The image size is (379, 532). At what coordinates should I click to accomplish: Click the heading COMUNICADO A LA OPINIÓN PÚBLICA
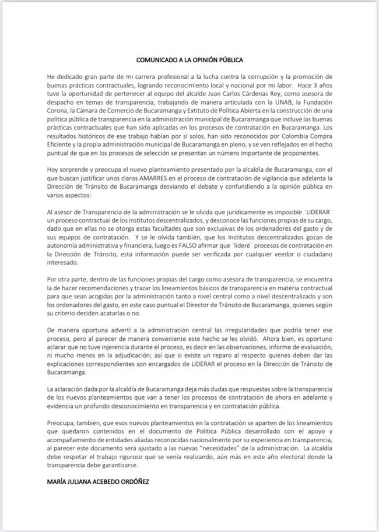[x=189, y=59]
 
